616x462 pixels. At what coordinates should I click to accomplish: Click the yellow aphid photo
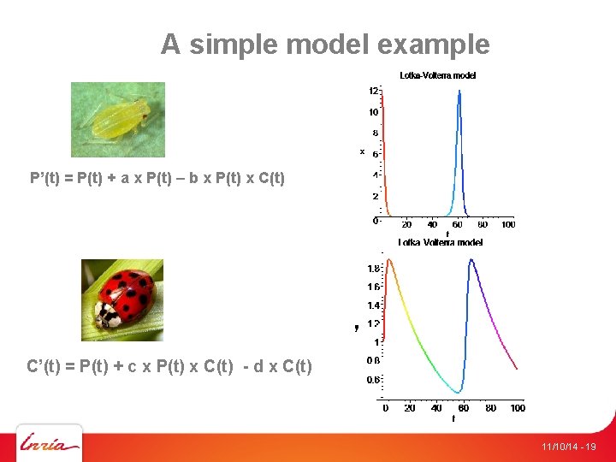click(x=118, y=120)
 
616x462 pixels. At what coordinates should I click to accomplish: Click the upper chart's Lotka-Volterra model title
click(x=438, y=75)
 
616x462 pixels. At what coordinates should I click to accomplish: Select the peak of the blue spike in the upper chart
click(x=459, y=91)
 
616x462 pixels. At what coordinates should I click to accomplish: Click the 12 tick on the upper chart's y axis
click(x=374, y=91)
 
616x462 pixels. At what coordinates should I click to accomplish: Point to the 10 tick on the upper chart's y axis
click(x=374, y=112)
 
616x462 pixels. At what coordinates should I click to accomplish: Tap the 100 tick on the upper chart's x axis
click(x=508, y=225)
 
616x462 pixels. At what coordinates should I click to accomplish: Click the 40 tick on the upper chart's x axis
click(x=432, y=225)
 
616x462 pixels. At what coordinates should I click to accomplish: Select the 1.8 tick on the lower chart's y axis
click(x=374, y=269)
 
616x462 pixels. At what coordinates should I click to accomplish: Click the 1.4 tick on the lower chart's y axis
click(x=374, y=305)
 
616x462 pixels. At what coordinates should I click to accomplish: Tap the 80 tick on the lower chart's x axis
click(x=491, y=409)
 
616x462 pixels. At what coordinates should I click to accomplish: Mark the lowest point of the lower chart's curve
click(x=461, y=393)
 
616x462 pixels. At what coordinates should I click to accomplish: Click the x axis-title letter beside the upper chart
click(x=362, y=151)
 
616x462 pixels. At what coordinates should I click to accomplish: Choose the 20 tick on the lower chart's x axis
click(x=410, y=409)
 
